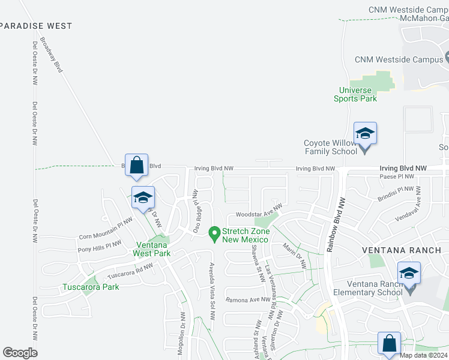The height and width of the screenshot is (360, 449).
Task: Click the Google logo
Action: pos(20,353)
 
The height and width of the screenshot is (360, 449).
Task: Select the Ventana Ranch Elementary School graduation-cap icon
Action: pos(409,274)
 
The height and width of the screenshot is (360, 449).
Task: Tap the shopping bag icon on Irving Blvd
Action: pos(137,164)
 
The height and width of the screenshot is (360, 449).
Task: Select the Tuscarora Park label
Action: pos(91,287)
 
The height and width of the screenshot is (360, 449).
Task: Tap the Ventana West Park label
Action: pos(153,249)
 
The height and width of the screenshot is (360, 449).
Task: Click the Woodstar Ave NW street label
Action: pos(259,211)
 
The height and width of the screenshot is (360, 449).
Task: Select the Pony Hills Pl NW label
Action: pos(100,246)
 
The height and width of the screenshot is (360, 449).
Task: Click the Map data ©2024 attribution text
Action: pos(423,355)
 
